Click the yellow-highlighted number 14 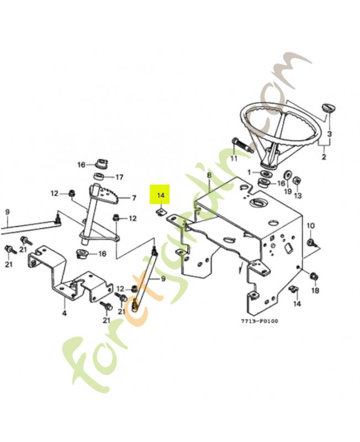[161, 196]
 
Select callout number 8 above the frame [209, 176]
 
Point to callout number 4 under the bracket [64, 313]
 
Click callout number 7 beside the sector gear [133, 198]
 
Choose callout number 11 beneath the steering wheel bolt [234, 159]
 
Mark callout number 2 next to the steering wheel [324, 157]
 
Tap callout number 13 [298, 196]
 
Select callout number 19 [287, 192]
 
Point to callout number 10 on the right [310, 225]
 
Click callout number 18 [315, 291]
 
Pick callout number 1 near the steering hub [249, 172]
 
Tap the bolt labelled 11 [241, 145]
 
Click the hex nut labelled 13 [295, 181]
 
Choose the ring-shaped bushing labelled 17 [101, 177]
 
